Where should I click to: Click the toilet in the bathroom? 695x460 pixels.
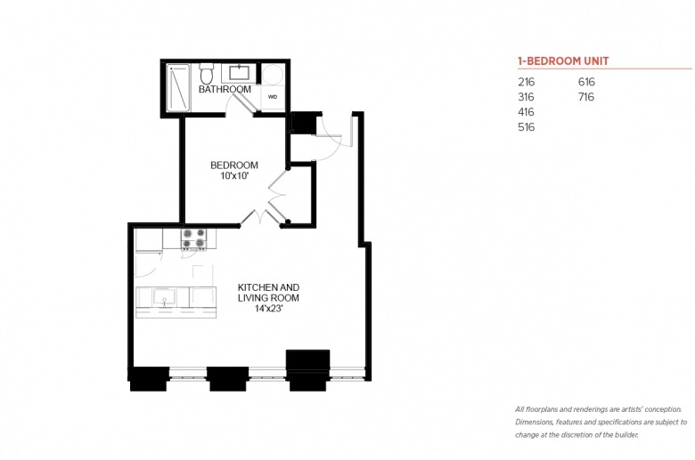pos(206,73)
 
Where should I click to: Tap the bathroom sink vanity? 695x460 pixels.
pos(240,73)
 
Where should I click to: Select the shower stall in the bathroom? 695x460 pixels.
pos(178,88)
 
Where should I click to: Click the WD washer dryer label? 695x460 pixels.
pos(273,96)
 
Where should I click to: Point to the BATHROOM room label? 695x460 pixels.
pos(225,89)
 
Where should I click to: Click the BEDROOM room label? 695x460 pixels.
pos(234,165)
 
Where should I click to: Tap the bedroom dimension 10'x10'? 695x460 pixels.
pos(234,176)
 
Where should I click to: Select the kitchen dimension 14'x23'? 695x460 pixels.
pos(268,309)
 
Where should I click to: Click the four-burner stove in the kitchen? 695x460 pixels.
pos(193,238)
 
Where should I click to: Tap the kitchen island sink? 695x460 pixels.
pos(165,296)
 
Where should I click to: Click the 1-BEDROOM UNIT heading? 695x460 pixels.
pos(563,61)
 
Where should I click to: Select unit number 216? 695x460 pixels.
pos(526,82)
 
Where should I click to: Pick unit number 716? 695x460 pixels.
pos(586,97)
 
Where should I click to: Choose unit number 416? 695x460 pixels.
pos(526,112)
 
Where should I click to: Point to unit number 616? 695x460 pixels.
pos(586,82)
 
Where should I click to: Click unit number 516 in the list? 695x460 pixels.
pos(526,127)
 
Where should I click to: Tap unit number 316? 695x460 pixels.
pos(526,97)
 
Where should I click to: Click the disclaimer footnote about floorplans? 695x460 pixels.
pos(601,422)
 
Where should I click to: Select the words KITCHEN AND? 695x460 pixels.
pos(268,287)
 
